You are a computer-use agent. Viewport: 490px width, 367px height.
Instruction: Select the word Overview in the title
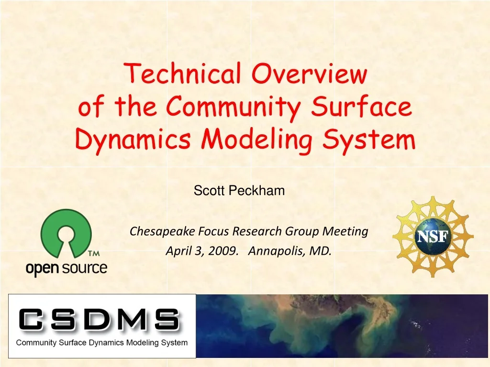pos(310,74)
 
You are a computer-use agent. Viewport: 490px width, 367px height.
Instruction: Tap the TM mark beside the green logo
pos(94,253)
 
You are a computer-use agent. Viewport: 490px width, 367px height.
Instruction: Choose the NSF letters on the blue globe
pos(433,237)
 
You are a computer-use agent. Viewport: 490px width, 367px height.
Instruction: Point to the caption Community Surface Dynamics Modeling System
pos(102,343)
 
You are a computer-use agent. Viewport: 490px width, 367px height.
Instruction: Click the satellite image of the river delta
pos(342,326)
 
